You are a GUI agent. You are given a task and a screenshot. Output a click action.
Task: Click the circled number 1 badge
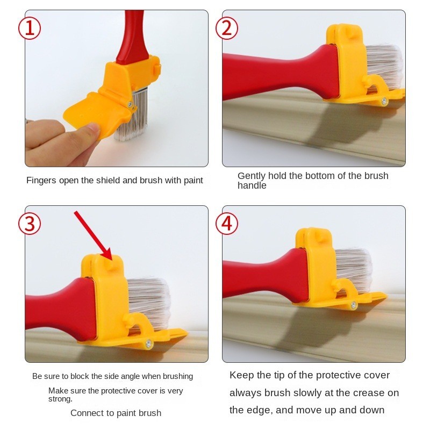(30, 28)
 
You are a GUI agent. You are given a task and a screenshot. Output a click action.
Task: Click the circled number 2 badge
(227, 28)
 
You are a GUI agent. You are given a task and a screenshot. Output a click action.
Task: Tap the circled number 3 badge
(30, 224)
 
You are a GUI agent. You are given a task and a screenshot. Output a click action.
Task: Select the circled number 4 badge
(227, 224)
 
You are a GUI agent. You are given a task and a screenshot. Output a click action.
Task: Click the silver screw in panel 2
(384, 101)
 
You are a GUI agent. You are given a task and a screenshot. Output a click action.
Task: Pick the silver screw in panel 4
(353, 305)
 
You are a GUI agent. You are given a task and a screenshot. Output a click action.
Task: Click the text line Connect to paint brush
(116, 413)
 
